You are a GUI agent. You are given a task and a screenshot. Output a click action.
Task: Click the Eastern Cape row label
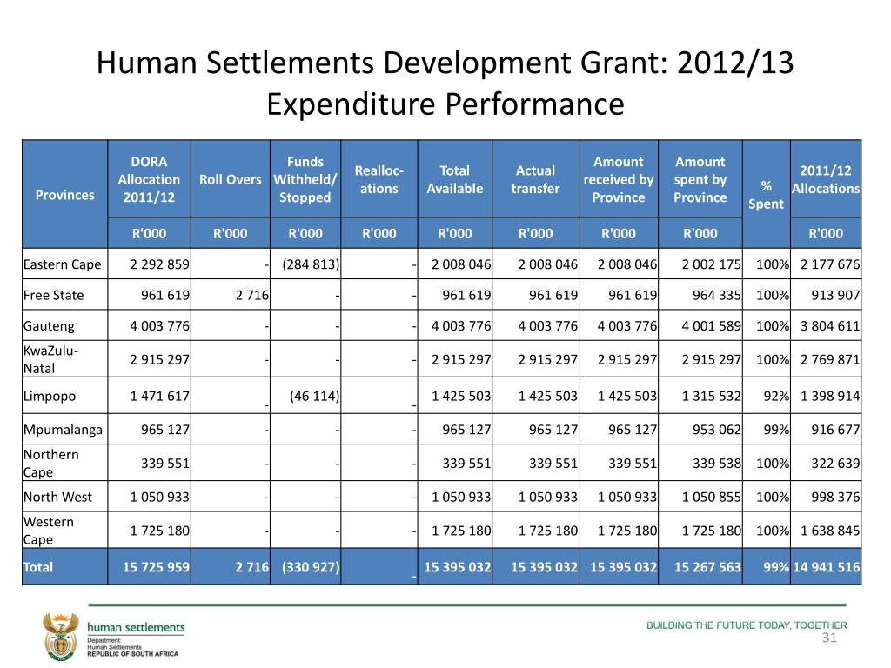[x=62, y=264]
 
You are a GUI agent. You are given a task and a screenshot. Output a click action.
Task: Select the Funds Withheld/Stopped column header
[x=305, y=179]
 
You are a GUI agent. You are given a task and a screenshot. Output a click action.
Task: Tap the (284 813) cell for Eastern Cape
[x=311, y=264]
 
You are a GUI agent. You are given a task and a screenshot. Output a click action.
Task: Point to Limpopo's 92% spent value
[x=776, y=396]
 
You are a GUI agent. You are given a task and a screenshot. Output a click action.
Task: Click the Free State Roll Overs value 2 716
[x=252, y=295]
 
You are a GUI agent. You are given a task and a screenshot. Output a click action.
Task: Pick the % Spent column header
[x=766, y=195]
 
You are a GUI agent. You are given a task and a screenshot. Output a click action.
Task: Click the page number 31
[x=829, y=638]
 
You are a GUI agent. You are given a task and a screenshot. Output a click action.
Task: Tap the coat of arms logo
[x=61, y=636]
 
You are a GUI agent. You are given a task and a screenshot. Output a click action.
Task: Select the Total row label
[x=38, y=567]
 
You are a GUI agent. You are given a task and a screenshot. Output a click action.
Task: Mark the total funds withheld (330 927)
[x=311, y=567]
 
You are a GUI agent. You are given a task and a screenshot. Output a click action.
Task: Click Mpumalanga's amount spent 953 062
[x=717, y=430]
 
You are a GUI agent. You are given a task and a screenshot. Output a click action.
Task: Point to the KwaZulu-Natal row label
[x=50, y=359]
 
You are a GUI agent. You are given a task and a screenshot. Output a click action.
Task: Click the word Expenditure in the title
[x=349, y=104]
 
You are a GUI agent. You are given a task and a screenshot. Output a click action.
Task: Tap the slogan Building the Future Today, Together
[x=747, y=625]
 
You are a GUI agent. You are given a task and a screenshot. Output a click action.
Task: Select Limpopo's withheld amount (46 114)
[x=314, y=396]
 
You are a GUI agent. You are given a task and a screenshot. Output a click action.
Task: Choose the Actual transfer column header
[x=535, y=179]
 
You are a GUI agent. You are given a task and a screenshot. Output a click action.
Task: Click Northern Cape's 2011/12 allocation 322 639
[x=835, y=463]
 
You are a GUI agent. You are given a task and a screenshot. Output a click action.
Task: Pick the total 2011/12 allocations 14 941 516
[x=827, y=567]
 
